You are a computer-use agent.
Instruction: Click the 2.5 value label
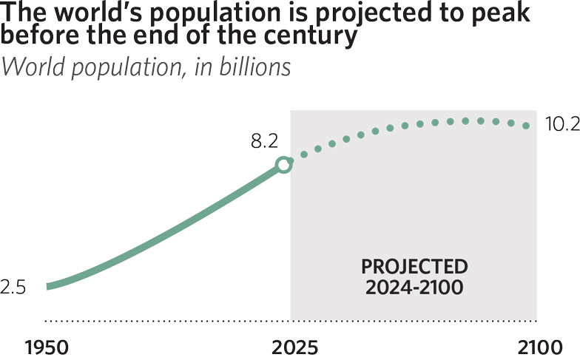13,288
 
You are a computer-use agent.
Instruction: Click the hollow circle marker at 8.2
283,165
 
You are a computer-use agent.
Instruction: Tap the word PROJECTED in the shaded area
414,266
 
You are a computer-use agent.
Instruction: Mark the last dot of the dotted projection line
527,126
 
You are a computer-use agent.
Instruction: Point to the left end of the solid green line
49,287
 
